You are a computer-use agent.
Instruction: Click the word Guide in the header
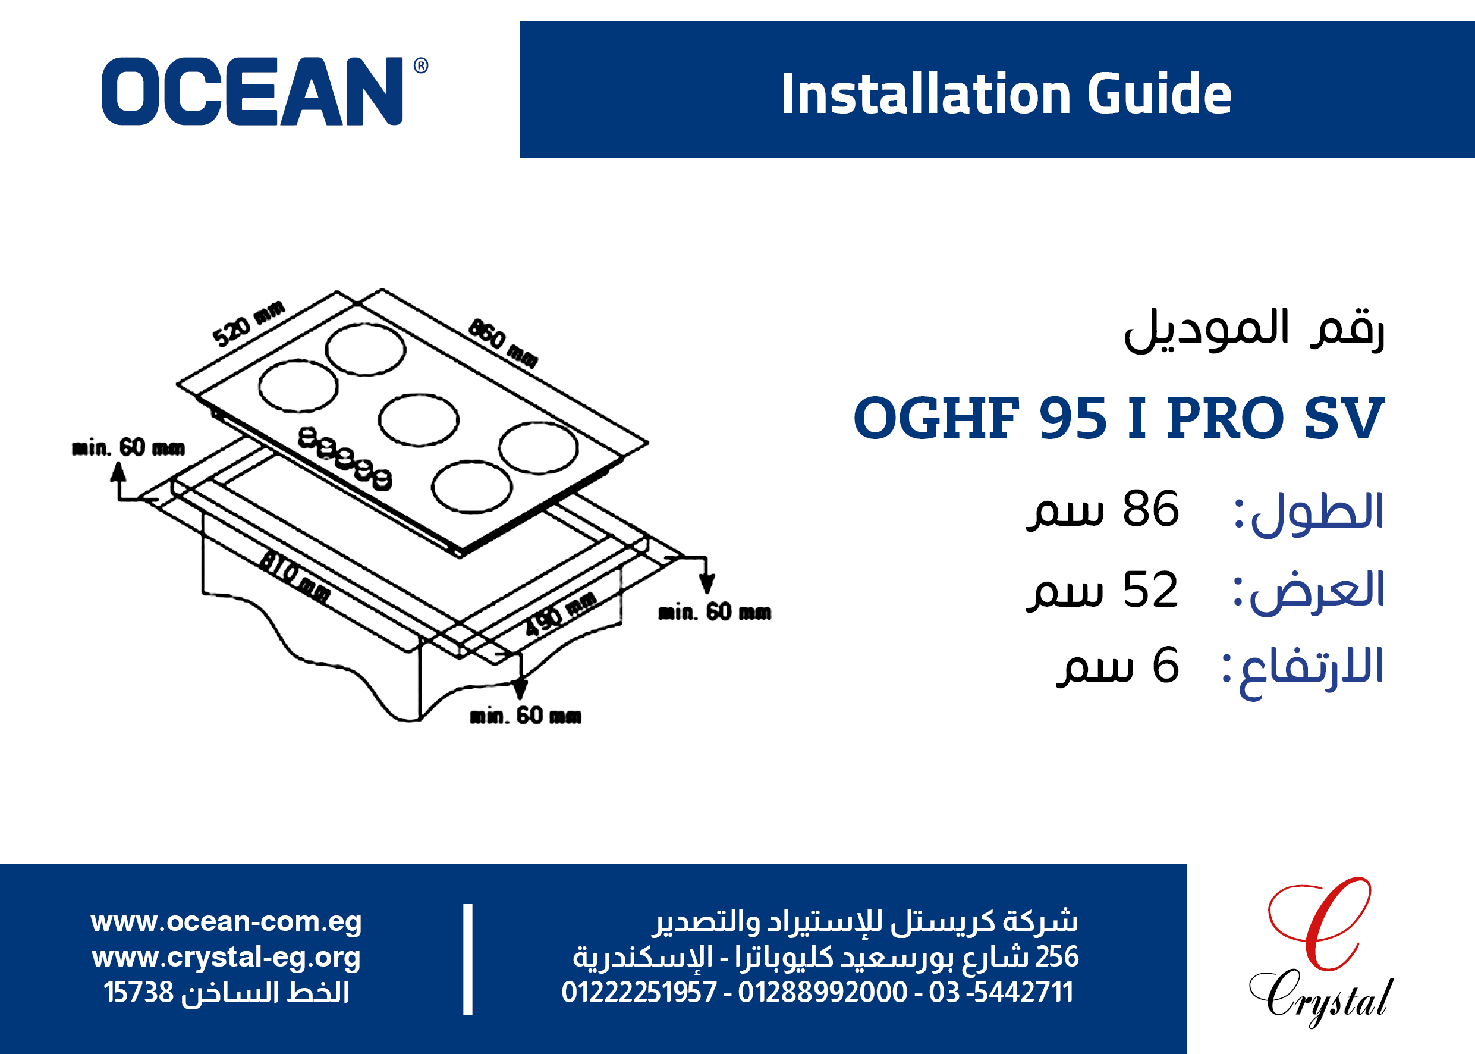[1159, 93]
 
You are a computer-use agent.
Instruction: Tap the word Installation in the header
[926, 93]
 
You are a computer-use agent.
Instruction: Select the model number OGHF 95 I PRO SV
[1119, 418]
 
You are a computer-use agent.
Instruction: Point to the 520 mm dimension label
[249, 323]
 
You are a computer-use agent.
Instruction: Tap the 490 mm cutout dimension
[561, 613]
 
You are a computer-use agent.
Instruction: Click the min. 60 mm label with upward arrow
[128, 448]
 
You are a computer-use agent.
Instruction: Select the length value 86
[1150, 510]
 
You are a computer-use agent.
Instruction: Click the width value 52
[1150, 589]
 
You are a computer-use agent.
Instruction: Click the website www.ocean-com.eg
[227, 921]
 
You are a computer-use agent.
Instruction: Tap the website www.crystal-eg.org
[227, 957]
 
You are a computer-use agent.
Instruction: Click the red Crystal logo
[1320, 952]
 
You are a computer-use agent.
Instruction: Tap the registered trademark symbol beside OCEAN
[421, 65]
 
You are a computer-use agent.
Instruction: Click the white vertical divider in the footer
[468, 959]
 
